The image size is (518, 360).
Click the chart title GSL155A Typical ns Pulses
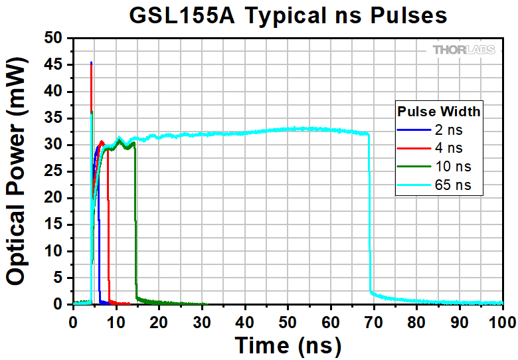288,15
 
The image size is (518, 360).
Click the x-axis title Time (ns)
288,345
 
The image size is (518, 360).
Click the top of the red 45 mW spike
91,64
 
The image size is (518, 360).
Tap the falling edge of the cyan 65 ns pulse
370,213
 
